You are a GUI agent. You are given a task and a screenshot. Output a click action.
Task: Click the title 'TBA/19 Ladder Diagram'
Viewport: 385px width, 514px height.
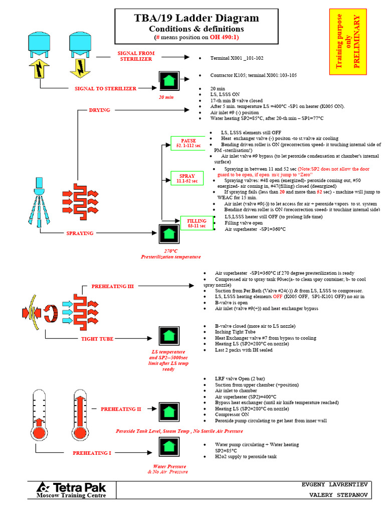(197, 19)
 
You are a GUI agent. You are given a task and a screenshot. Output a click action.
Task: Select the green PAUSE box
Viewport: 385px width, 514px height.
(188, 143)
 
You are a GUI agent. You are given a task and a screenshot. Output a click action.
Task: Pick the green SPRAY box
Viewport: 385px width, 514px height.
(187, 178)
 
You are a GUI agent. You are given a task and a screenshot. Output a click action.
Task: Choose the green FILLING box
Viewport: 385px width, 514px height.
(197, 223)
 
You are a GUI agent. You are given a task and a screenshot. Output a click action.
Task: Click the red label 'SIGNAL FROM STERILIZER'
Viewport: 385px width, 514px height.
(136, 56)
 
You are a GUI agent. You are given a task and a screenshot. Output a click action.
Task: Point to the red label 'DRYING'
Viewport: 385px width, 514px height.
(99, 110)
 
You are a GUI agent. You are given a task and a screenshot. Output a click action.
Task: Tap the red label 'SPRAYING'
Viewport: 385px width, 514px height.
(81, 233)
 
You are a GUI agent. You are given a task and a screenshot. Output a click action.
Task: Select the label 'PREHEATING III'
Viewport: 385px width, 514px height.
(112, 286)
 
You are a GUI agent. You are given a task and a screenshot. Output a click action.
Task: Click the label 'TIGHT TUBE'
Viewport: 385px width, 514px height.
(97, 339)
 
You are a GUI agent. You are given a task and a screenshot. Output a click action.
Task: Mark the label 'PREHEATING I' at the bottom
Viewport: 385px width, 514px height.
(92, 453)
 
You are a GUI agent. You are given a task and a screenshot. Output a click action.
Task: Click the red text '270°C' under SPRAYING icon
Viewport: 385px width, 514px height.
(170, 250)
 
